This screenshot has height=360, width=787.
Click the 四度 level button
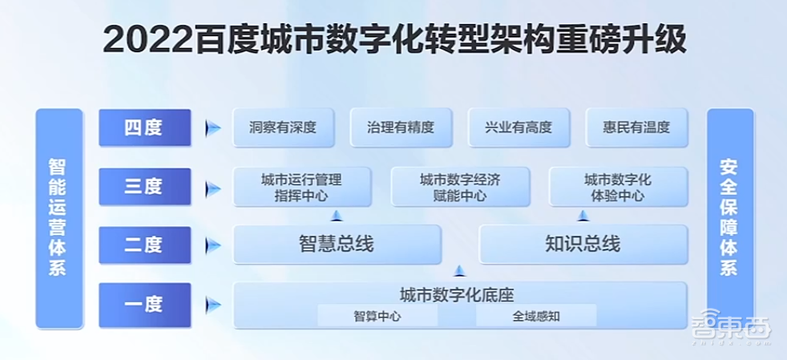tap(144, 127)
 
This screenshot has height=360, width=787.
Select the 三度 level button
tap(144, 187)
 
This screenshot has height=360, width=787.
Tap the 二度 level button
tap(144, 245)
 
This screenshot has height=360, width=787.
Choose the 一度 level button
tap(144, 305)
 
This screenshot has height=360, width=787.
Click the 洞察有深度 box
tap(283, 127)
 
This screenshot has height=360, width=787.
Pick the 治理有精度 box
tap(401, 127)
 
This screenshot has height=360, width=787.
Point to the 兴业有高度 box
tap(519, 127)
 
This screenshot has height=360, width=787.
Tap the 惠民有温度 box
tap(636, 127)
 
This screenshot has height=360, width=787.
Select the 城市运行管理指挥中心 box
tap(301, 187)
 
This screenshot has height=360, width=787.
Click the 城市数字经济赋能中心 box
tap(460, 187)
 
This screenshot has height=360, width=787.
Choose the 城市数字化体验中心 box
tap(618, 187)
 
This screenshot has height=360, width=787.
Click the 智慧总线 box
tap(337, 245)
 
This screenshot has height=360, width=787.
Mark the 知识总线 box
tap(583, 245)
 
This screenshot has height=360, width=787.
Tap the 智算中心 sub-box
tap(377, 316)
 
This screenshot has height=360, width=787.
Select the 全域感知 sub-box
tap(536, 316)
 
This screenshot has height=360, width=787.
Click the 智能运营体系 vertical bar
tap(59, 218)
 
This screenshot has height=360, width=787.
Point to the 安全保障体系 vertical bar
tap(729, 218)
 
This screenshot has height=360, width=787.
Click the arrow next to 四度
tap(212, 128)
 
